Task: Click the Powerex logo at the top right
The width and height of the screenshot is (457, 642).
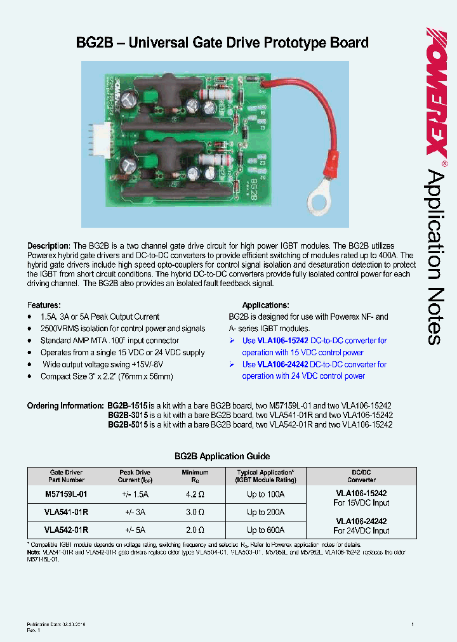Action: pos(436,92)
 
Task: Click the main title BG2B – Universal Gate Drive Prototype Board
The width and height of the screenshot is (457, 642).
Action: pos(222,43)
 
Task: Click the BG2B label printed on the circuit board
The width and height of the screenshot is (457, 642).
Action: pos(254,190)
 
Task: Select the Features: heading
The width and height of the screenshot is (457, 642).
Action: pos(44,305)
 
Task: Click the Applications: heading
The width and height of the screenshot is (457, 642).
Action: pos(265,305)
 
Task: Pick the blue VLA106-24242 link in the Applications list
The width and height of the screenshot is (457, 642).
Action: pos(283,364)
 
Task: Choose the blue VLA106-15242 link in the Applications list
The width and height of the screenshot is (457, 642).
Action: pos(283,341)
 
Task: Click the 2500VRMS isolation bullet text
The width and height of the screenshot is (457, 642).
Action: pos(123,329)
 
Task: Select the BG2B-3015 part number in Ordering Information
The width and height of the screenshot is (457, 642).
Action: pos(128,415)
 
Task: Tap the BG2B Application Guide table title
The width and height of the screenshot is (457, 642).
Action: pos(222,456)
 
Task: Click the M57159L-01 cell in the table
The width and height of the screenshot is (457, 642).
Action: pos(66,494)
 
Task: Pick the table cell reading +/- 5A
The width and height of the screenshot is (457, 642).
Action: pos(135,530)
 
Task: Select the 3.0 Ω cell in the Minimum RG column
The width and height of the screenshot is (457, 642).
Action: pos(194,512)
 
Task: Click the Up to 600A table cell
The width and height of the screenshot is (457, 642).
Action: pos(265,530)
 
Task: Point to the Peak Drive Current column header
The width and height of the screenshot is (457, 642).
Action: pos(135,476)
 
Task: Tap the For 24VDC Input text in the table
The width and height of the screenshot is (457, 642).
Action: pos(361,530)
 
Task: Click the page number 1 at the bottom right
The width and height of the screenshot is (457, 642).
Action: pos(413,625)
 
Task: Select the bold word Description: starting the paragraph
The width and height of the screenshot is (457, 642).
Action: pos(49,246)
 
